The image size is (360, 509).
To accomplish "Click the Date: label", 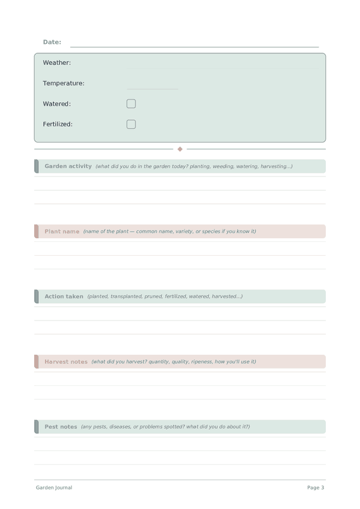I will [x=52, y=42].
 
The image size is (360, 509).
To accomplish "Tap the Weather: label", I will [x=57, y=62].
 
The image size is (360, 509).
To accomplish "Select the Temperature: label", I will [x=64, y=83].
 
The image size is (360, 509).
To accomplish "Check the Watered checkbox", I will [x=131, y=104].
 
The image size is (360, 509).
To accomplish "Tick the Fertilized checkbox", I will [x=131, y=124].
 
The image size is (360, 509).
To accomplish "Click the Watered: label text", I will [x=57, y=104].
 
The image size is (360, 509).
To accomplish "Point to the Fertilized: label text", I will [x=58, y=124].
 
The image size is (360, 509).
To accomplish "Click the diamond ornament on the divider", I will [x=180, y=149].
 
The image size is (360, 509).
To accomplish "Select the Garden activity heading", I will [x=68, y=166].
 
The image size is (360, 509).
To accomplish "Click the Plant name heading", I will [x=62, y=231].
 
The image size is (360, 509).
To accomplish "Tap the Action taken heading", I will [x=64, y=297].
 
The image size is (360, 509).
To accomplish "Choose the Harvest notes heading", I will [x=66, y=361].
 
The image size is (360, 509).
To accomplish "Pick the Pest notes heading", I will [x=61, y=427].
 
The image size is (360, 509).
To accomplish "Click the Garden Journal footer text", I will [x=54, y=487].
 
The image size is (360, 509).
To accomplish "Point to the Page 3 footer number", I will [x=316, y=487].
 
